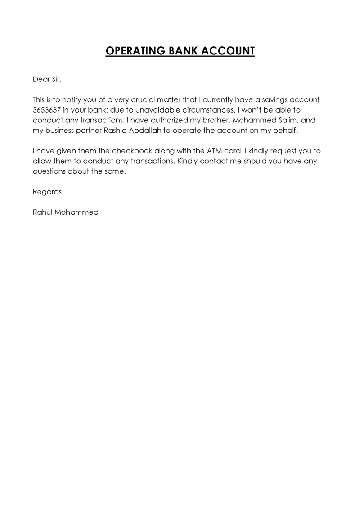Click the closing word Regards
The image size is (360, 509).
coord(47,192)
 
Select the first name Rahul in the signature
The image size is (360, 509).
coord(43,212)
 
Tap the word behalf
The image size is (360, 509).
coord(285,130)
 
